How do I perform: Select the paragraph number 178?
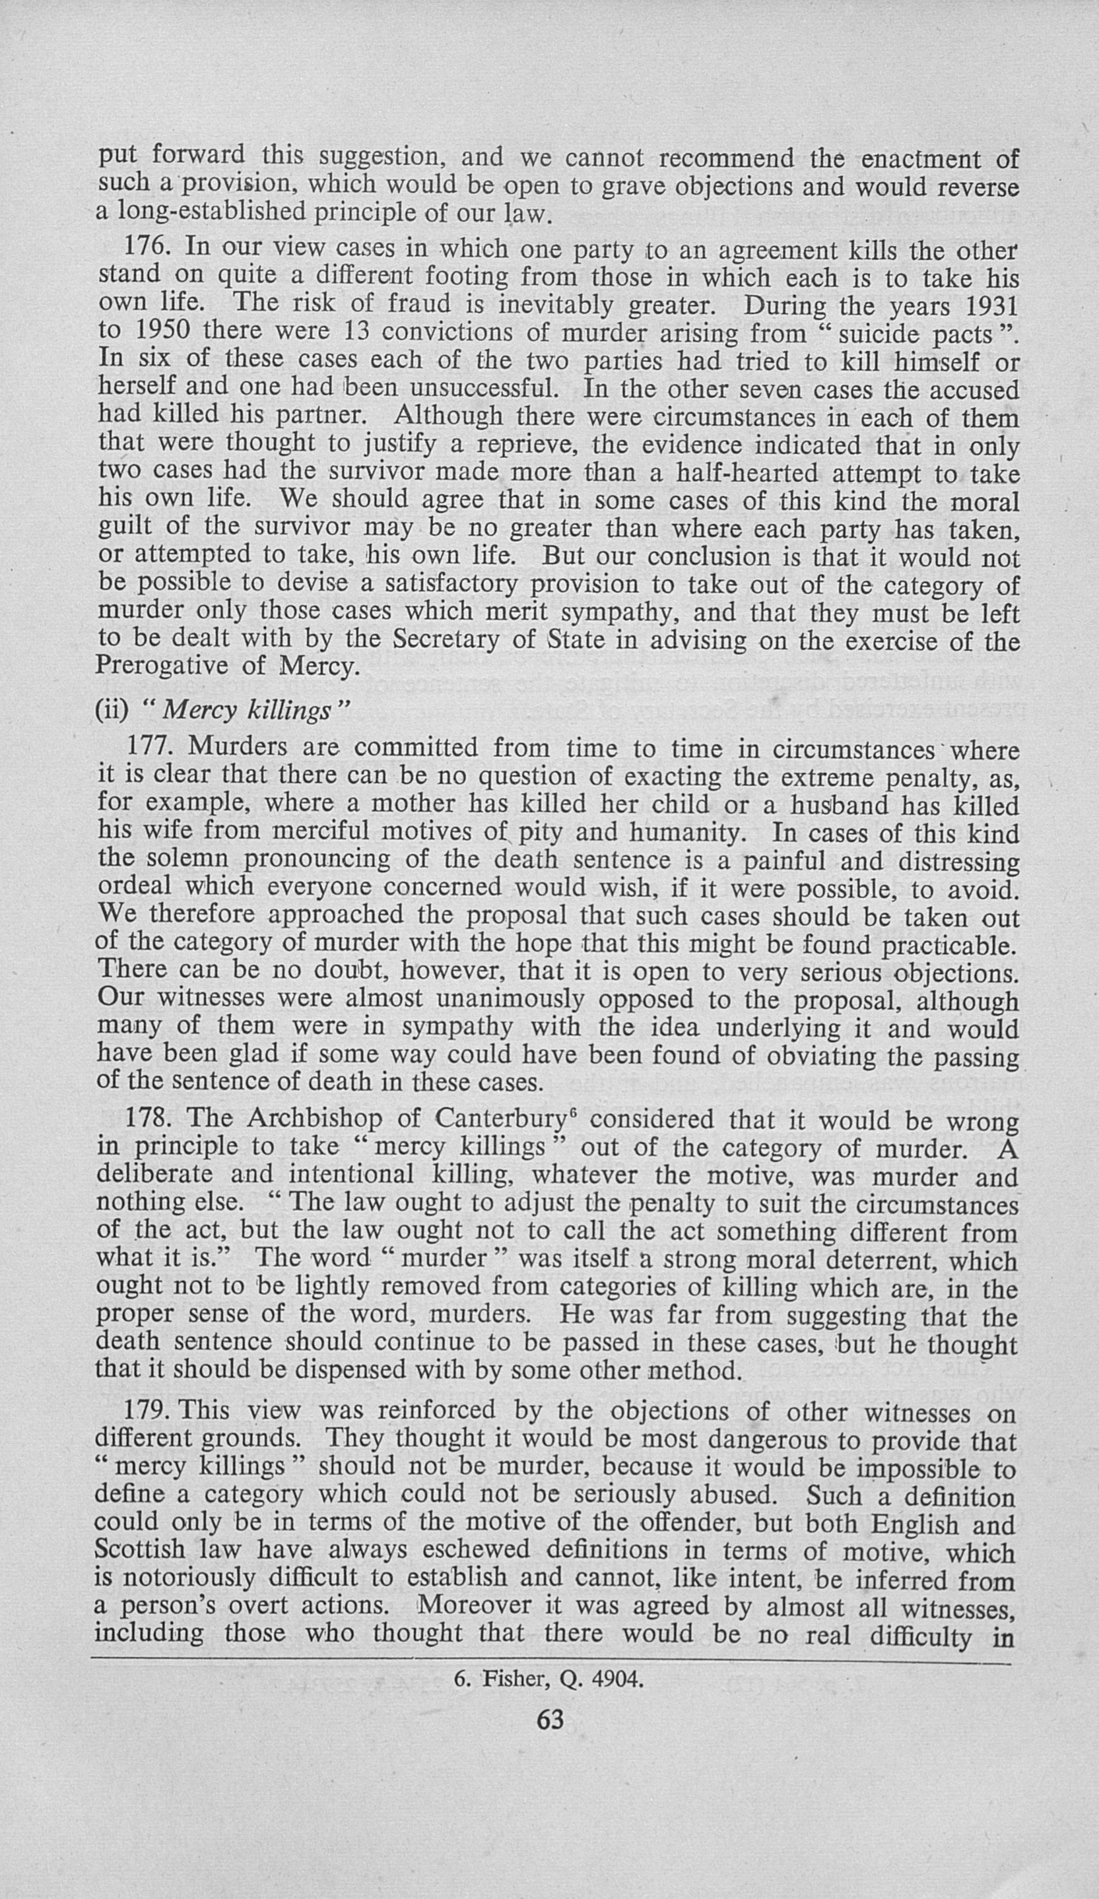149,1118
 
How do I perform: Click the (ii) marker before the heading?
112,711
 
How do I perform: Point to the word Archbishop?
318,1119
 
